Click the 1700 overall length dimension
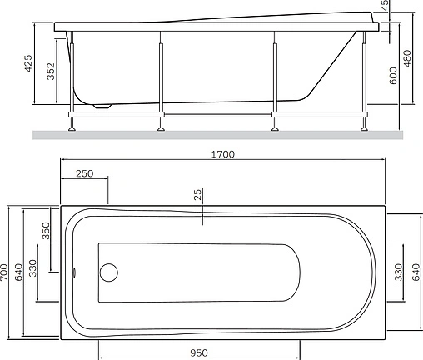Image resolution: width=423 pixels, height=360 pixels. pos(223,154)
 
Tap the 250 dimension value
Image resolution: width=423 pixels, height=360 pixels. pos(85,173)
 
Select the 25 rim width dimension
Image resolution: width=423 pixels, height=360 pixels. pos(197,194)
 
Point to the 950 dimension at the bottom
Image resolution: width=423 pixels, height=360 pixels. pos(199,353)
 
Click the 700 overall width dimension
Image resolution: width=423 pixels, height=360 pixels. pos(4,272)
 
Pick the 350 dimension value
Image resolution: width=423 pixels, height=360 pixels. pos(46,231)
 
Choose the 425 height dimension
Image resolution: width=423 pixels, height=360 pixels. pos(28,63)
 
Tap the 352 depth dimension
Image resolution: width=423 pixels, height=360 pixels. pos(51,72)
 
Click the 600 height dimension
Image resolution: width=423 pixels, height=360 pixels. pos(393,76)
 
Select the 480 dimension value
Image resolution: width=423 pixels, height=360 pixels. pos(407,58)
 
